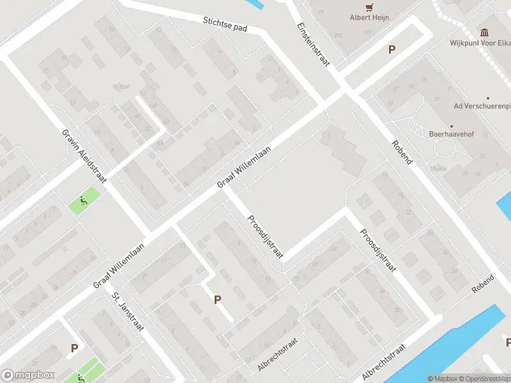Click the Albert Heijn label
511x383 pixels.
click(x=369, y=18)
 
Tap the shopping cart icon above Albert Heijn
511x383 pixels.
click(x=369, y=7)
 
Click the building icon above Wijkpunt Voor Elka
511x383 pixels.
click(x=484, y=32)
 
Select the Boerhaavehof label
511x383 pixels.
click(x=451, y=135)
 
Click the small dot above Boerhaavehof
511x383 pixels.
click(x=451, y=126)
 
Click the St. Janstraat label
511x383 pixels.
click(x=128, y=312)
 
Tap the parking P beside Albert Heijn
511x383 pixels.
click(x=392, y=50)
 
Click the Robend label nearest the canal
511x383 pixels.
click(x=483, y=285)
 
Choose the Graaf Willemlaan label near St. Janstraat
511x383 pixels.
click(x=119, y=266)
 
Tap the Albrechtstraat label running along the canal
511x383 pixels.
click(x=383, y=362)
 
